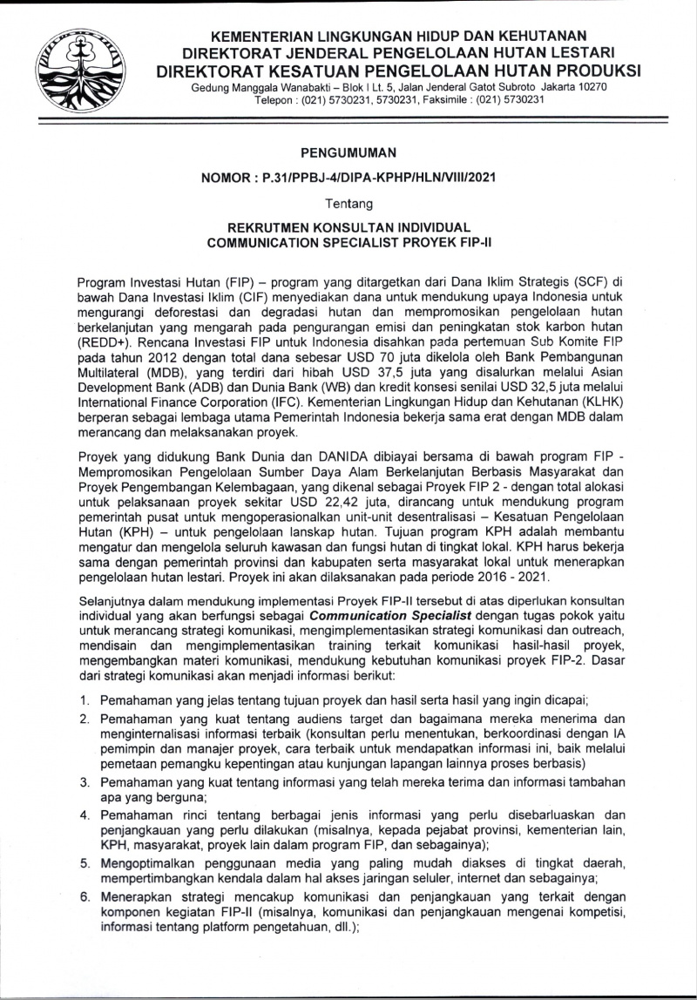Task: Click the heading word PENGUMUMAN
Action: tap(348, 152)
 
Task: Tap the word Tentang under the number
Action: tap(348, 204)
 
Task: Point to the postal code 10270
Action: tap(589, 87)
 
